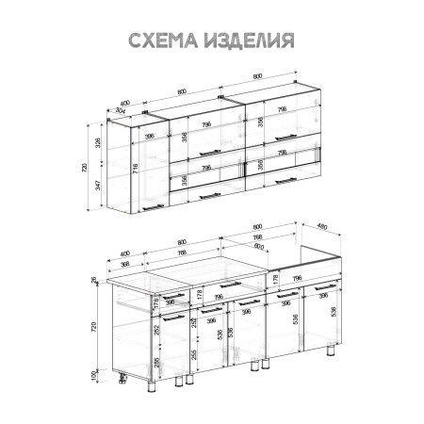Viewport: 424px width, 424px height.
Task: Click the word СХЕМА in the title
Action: [x=161, y=40]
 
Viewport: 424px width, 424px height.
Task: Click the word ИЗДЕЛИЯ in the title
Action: [x=247, y=40]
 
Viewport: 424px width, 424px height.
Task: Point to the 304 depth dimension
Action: [x=122, y=111]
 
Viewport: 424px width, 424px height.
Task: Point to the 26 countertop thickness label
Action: [x=93, y=279]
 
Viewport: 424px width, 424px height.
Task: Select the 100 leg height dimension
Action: [x=93, y=375]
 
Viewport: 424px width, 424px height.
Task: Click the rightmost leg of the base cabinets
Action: [x=330, y=355]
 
